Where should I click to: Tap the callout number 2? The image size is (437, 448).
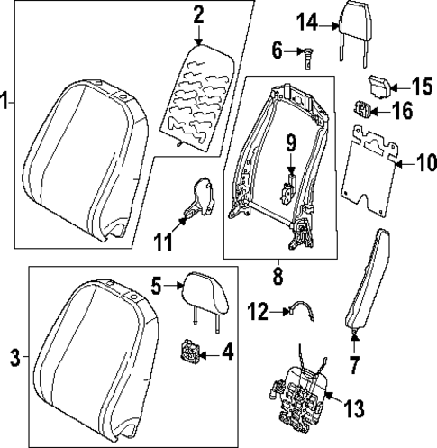point(198,14)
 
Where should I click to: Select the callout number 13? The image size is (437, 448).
point(353,410)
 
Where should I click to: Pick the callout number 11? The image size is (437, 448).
point(163,242)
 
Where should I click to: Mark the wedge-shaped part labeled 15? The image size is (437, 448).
point(378,85)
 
